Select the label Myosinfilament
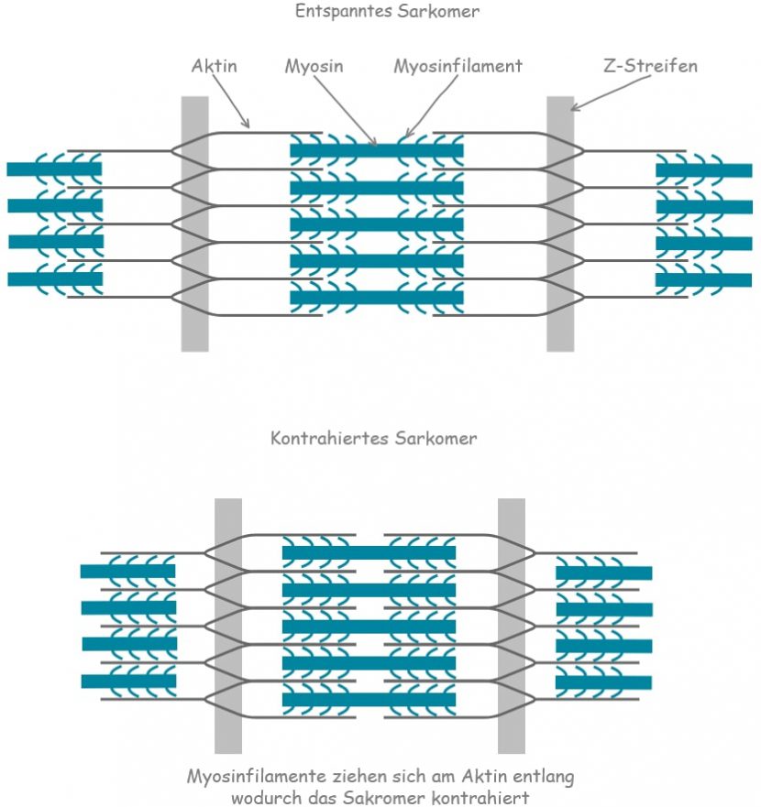(458, 67)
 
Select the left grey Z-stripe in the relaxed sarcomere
(194, 224)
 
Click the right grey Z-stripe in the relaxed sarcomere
(560, 224)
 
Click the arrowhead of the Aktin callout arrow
(248, 125)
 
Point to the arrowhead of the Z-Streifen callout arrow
(573, 109)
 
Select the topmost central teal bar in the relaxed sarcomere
(377, 150)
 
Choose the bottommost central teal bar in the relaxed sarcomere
(377, 298)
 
